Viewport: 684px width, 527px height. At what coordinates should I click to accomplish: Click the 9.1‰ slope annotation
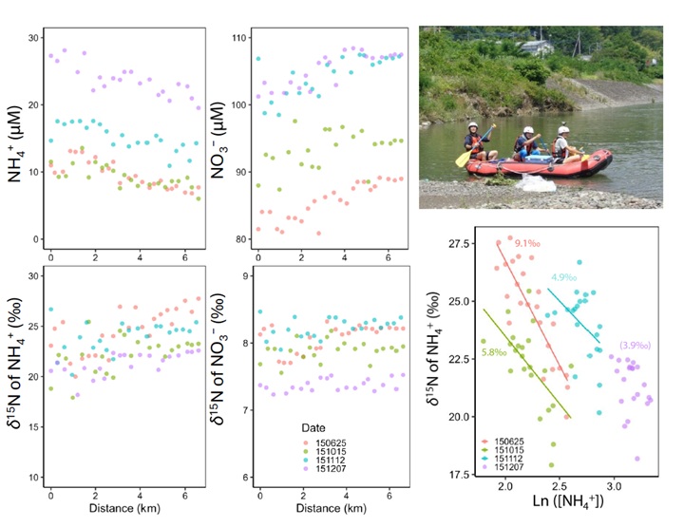coord(526,244)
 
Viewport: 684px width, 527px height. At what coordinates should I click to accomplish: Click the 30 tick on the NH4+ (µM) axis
coord(35,37)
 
